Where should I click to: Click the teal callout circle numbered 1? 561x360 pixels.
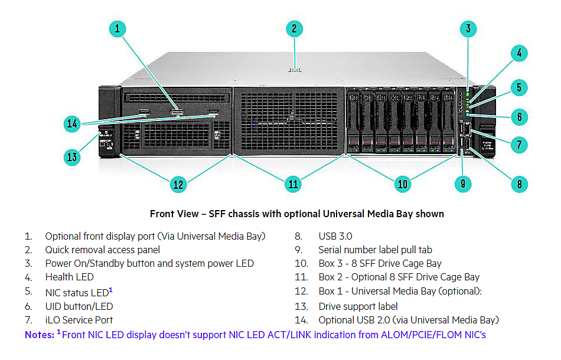point(118,28)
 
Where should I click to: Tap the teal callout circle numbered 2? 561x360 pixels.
point(293,29)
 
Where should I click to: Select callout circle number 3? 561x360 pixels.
point(468,28)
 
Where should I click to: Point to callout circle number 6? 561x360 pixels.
point(518,117)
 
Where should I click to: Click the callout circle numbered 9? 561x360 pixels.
point(462,184)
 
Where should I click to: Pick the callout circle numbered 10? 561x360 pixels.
point(402,184)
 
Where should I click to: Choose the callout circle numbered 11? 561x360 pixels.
point(293,184)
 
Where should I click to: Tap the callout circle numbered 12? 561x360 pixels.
point(178,184)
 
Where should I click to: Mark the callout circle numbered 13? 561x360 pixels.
point(72,157)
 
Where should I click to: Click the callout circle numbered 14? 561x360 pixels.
point(72,124)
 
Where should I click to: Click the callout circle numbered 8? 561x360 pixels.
point(518,184)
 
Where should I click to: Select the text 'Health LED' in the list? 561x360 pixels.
point(69,277)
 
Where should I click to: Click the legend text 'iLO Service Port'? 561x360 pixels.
point(79,320)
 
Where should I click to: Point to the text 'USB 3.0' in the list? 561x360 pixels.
point(335,236)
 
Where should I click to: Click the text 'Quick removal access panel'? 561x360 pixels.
point(102,250)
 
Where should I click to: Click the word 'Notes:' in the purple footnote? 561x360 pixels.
point(39,335)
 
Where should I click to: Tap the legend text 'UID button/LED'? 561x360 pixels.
point(79,306)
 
